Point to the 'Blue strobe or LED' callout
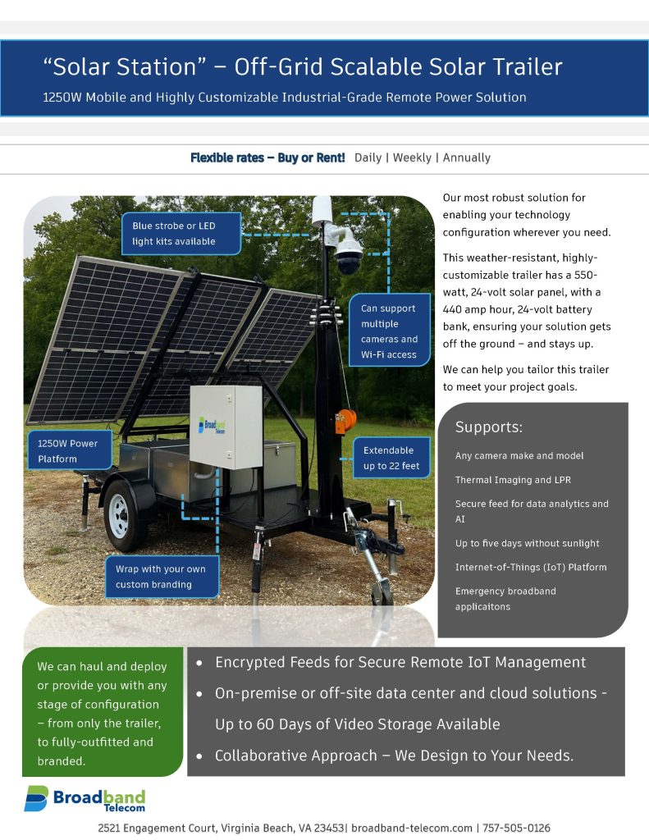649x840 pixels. pos(175,233)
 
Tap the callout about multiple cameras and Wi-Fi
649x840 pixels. pos(389,331)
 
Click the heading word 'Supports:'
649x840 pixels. pos(489,427)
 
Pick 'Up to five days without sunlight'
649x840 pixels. pos(528,543)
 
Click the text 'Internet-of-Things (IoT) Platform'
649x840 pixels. pos(531,567)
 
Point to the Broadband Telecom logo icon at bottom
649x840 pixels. pos(35,798)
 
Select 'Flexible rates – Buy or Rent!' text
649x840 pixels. pos(267,157)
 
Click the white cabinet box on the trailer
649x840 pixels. pos(226,427)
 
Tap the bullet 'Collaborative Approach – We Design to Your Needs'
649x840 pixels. pos(394,756)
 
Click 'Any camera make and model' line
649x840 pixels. pos(519,456)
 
